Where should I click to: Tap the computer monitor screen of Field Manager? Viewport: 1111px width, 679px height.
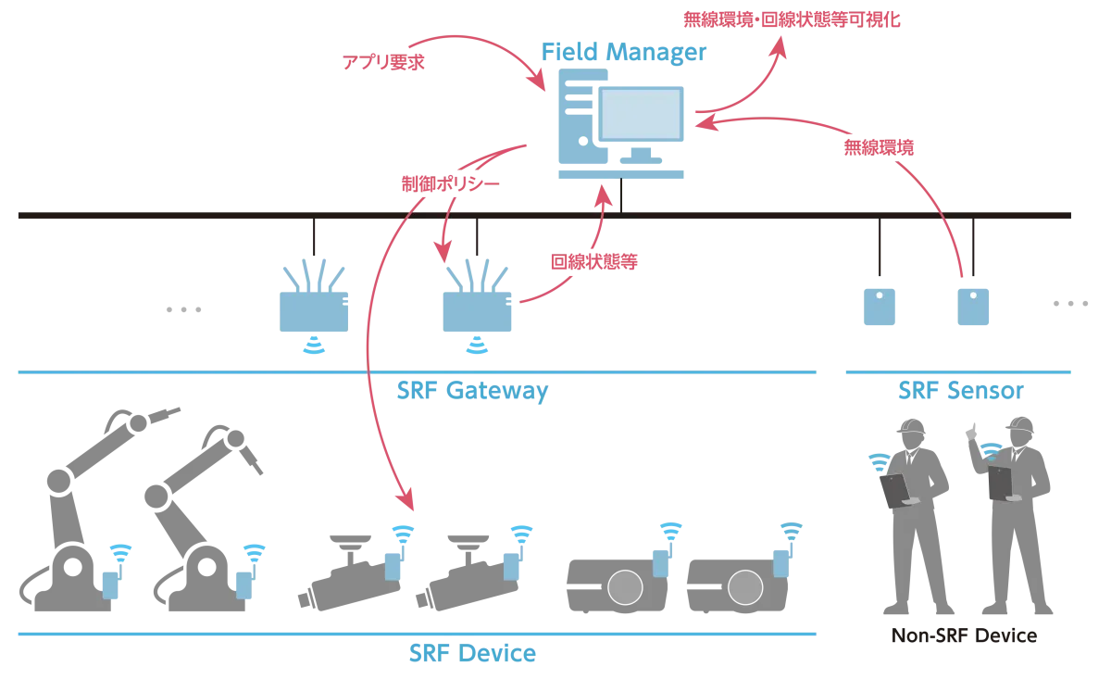[x=643, y=113]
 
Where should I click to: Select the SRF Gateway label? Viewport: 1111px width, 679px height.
[x=472, y=391]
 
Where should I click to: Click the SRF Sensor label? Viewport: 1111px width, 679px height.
[x=960, y=390]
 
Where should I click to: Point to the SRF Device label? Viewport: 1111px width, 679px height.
[x=472, y=654]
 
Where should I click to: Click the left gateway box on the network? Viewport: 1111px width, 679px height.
[x=311, y=309]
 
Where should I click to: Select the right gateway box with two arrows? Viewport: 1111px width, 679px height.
[x=477, y=309]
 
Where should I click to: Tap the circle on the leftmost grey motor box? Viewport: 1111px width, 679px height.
[x=625, y=586]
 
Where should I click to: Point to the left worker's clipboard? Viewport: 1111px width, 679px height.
[x=895, y=491]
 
